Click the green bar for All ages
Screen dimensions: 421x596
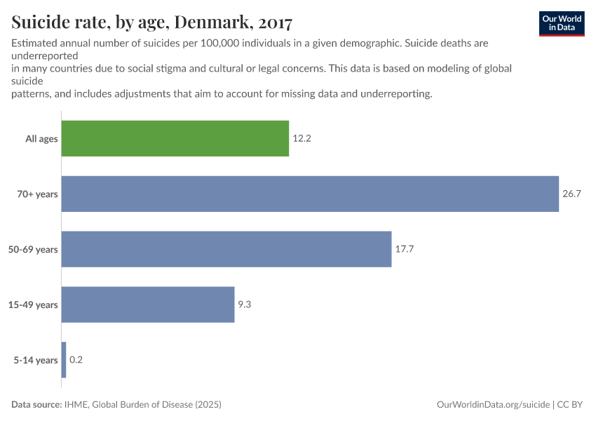coord(175,138)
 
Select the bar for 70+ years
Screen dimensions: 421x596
coord(310,194)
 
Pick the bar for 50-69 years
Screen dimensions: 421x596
coord(226,249)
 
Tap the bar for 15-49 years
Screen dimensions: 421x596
coord(148,305)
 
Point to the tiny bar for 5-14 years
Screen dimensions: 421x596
coord(64,360)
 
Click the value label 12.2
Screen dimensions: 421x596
coord(302,139)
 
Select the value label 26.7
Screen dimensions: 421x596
coord(571,194)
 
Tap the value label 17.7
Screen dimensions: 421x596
coord(405,249)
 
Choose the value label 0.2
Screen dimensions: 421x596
coord(76,360)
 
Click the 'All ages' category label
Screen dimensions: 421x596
coord(41,139)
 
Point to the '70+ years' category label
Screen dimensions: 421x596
coord(37,194)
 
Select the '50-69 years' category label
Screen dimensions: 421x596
coord(33,249)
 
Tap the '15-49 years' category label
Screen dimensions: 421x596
coord(33,305)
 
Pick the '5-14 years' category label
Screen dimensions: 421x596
coord(36,360)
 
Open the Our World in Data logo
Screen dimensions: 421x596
coord(561,23)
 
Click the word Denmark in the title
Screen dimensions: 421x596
coord(208,22)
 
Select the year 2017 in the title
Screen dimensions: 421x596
coord(270,22)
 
